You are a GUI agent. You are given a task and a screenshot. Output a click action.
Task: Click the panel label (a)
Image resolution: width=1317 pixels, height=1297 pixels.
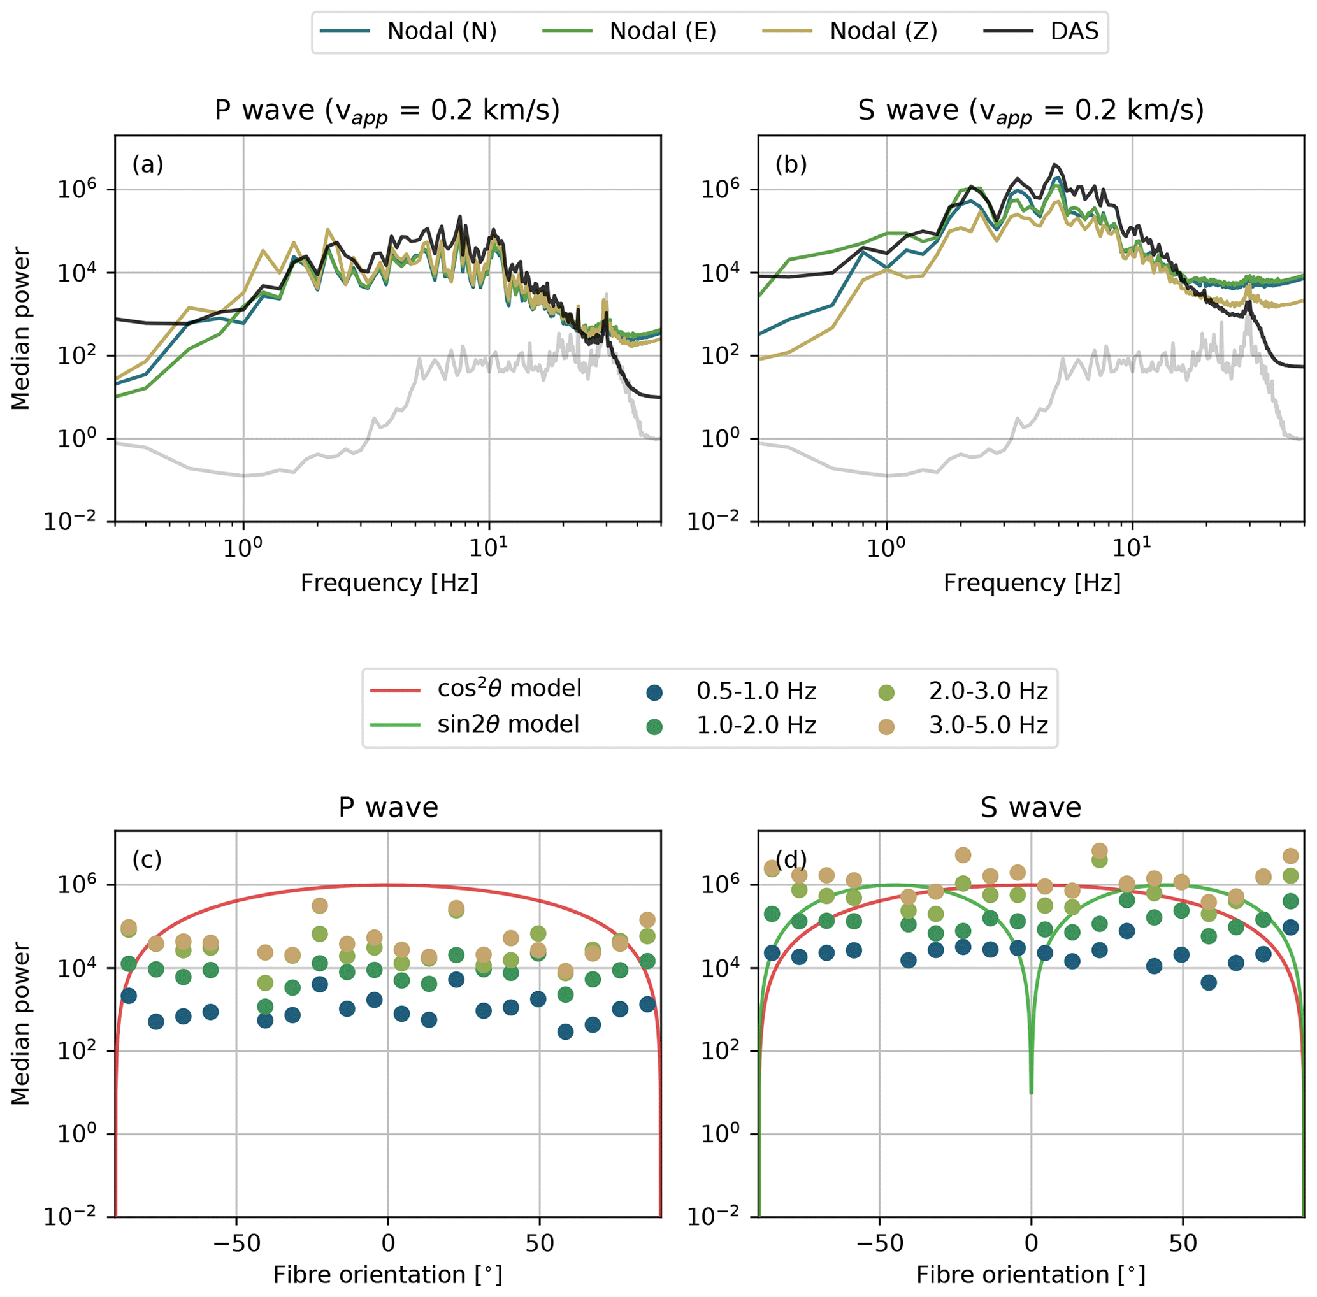[x=148, y=164]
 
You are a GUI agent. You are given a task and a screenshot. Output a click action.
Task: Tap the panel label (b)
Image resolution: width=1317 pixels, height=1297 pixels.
[x=791, y=164]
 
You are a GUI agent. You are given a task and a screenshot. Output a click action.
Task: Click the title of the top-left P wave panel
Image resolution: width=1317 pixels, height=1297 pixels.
[x=387, y=110]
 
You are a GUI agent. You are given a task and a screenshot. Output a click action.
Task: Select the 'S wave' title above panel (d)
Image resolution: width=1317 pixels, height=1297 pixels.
[x=1031, y=808]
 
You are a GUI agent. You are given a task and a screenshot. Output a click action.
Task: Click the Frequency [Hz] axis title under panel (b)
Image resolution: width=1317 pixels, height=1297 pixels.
[x=1032, y=583]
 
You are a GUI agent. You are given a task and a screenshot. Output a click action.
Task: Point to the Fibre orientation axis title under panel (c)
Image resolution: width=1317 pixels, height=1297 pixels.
[x=387, y=1275]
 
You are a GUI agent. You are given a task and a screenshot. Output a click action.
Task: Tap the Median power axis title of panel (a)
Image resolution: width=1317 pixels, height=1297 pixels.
[x=21, y=328]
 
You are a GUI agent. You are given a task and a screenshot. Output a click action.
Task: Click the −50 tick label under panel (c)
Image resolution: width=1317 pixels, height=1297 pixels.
[x=236, y=1243]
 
